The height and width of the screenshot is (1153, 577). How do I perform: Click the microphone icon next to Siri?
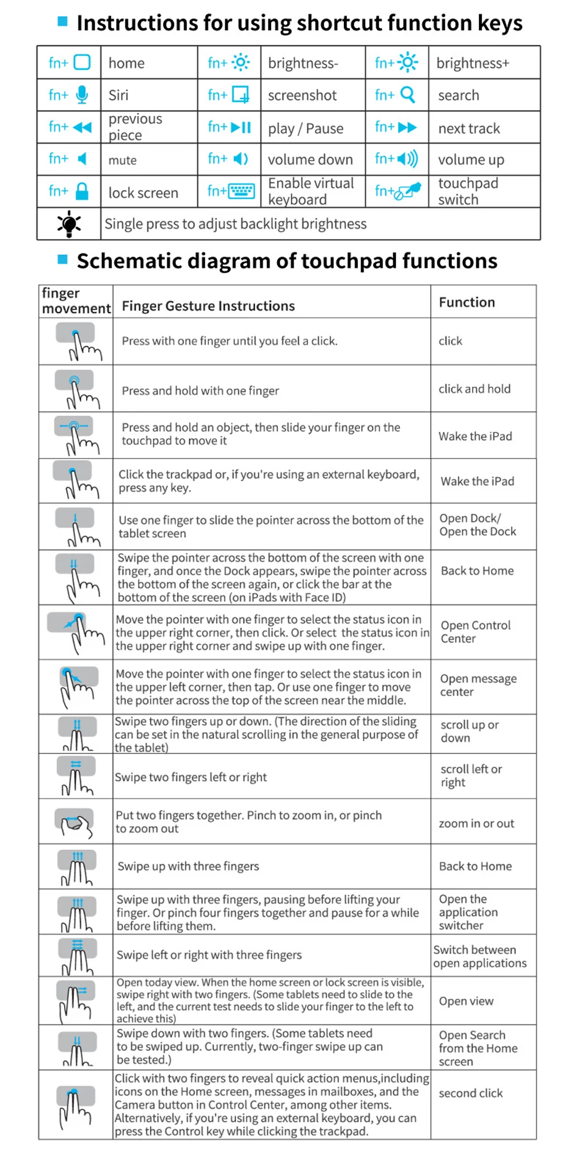click(x=82, y=95)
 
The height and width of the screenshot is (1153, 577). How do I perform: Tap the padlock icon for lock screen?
click(x=82, y=191)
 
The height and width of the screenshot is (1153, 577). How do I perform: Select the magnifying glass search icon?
click(x=407, y=95)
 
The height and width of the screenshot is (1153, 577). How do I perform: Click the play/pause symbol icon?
click(x=241, y=127)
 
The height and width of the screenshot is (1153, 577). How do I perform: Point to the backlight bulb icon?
click(x=69, y=224)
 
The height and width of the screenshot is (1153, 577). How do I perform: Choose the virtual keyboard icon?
click(x=241, y=191)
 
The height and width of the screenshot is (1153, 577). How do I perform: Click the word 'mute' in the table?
click(x=122, y=160)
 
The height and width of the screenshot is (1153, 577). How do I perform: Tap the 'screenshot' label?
click(x=302, y=95)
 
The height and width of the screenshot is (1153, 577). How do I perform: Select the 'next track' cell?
click(x=469, y=128)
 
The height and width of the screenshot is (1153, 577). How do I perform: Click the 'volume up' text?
click(x=471, y=160)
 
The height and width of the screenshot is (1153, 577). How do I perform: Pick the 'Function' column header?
click(x=467, y=302)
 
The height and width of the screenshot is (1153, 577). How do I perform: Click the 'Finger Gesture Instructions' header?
click(x=208, y=306)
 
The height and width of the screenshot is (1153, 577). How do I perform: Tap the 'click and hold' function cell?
click(x=474, y=389)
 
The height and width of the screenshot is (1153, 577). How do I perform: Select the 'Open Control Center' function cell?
click(x=475, y=632)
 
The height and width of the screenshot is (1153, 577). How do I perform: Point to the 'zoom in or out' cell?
click(x=476, y=823)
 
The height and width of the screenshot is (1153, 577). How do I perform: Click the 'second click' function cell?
click(x=470, y=1093)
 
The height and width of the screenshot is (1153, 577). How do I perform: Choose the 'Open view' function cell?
click(x=466, y=1001)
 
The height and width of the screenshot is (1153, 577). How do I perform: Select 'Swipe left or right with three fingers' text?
click(x=209, y=955)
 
